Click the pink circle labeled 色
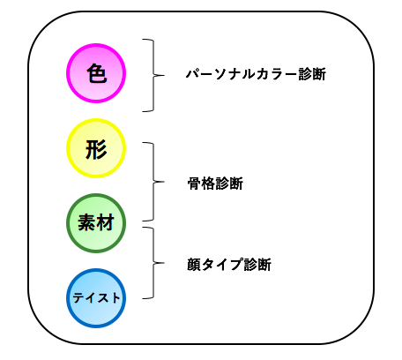point(96,73)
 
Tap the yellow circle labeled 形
point(96,148)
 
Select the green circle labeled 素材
point(96,223)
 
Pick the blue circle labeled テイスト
point(96,298)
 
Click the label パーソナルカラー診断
point(256,74)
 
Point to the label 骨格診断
point(215,184)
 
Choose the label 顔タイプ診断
point(229,265)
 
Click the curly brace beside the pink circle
point(153,75)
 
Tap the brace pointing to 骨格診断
point(153,182)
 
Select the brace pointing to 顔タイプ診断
point(153,263)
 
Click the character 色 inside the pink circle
point(96,73)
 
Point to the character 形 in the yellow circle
point(96,149)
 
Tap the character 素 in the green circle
point(86,222)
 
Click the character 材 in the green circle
point(105,222)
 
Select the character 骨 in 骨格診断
point(194,184)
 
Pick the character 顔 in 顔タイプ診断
point(194,265)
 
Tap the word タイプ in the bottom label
point(222,265)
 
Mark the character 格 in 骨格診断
point(208,184)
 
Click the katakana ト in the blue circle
point(115,298)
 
